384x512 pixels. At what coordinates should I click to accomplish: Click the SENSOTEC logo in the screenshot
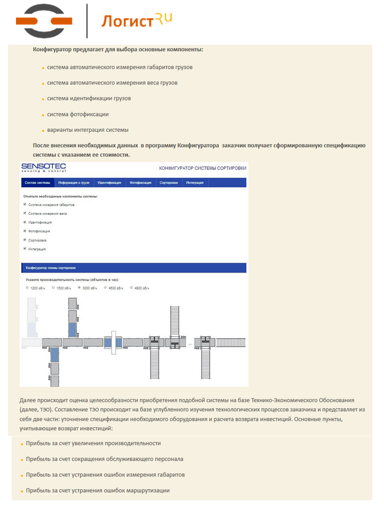(44, 167)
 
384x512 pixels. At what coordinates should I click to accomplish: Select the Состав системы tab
(37, 182)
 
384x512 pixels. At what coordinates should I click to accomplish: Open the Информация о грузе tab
(74, 182)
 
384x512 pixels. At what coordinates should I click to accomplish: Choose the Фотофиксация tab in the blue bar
(140, 182)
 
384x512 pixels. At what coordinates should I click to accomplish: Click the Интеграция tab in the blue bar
(195, 182)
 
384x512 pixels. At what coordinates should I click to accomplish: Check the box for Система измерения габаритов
(25, 204)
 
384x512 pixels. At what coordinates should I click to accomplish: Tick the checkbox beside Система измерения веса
(25, 213)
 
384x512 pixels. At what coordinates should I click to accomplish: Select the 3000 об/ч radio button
(79, 287)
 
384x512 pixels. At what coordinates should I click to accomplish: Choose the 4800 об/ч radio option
(132, 287)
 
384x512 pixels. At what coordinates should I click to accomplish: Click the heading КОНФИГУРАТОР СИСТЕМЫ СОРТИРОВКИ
(203, 168)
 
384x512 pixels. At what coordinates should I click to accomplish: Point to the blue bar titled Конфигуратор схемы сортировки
(133, 268)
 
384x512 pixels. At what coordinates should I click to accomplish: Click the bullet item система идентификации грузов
(89, 99)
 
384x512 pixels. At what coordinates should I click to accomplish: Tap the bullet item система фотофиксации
(78, 114)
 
